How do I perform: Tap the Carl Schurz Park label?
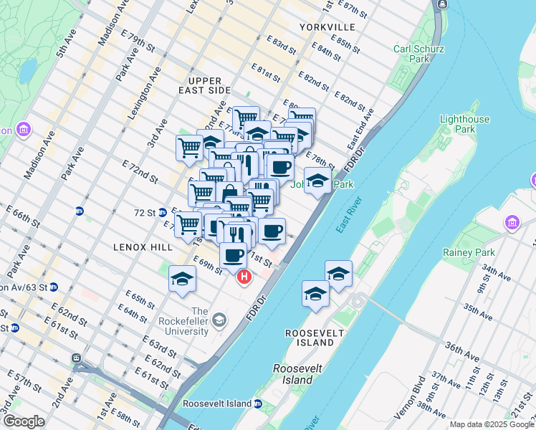(x=420, y=54)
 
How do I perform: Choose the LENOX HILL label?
(x=143, y=247)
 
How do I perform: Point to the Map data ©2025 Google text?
(x=491, y=424)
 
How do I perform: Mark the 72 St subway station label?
(x=146, y=213)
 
